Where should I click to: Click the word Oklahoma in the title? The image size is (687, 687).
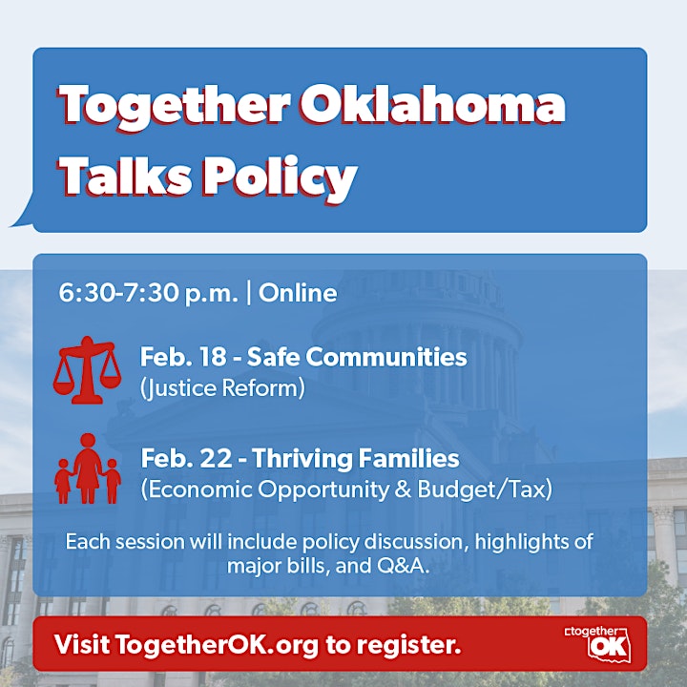click(x=432, y=105)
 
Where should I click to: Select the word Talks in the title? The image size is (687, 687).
click(x=125, y=176)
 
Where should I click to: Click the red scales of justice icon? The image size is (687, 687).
click(x=87, y=370)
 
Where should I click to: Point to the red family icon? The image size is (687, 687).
click(x=88, y=468)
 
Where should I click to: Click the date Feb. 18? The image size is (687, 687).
click(x=183, y=357)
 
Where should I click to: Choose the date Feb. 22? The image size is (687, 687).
click(x=186, y=458)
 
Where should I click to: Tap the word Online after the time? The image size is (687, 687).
click(x=298, y=293)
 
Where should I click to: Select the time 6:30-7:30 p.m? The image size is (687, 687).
click(x=149, y=293)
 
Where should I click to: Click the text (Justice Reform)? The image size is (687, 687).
click(x=222, y=388)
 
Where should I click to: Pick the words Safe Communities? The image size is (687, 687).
click(x=357, y=357)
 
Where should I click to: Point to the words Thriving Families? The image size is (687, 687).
click(x=356, y=459)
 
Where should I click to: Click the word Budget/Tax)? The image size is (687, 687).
click(x=485, y=489)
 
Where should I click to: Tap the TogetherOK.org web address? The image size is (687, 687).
click(x=218, y=644)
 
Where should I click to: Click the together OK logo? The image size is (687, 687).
click(x=598, y=643)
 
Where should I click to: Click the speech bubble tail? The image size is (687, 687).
click(x=22, y=213)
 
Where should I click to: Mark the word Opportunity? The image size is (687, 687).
click(x=323, y=489)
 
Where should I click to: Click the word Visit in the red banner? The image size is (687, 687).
click(x=82, y=644)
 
